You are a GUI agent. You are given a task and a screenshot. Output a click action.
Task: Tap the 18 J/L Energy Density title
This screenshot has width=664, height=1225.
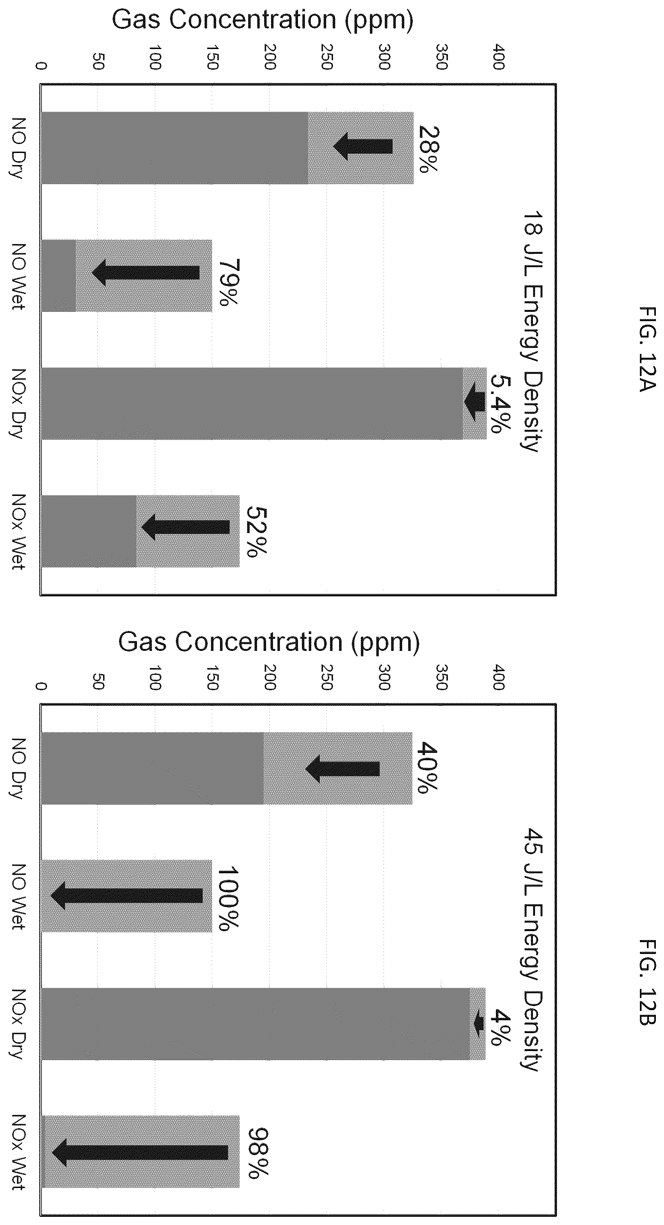(533, 331)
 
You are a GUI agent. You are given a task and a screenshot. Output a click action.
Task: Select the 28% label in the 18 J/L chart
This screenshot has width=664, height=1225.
(429, 149)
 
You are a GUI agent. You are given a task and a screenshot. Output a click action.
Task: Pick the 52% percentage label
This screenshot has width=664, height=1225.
(257, 531)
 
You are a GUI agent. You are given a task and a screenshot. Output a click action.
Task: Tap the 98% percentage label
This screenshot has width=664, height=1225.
(258, 1154)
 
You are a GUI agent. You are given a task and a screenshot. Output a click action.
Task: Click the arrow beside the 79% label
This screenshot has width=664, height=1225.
(146, 273)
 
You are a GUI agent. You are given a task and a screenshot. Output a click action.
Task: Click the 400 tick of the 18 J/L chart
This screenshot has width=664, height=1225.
(498, 57)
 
